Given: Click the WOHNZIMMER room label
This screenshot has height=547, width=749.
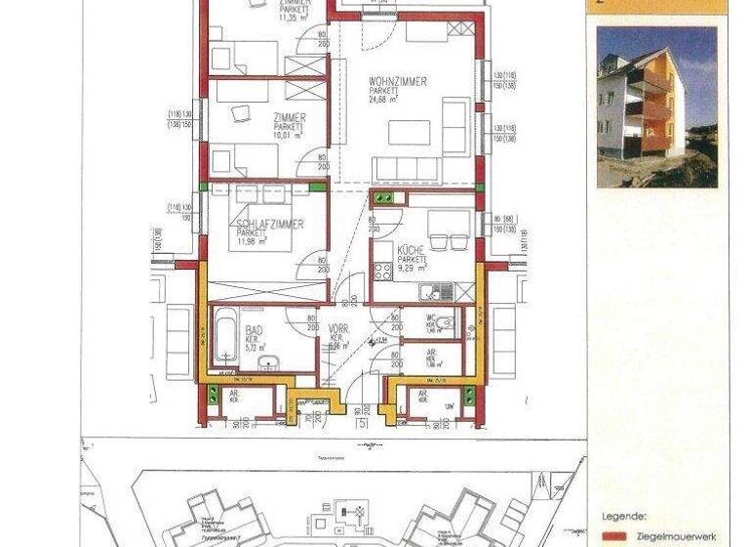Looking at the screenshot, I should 398,81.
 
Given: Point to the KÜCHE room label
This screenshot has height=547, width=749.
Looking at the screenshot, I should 411,251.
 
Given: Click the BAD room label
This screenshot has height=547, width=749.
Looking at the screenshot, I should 254,331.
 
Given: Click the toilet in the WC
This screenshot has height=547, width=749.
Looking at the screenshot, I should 444,324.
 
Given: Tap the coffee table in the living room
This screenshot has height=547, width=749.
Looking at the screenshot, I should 409,132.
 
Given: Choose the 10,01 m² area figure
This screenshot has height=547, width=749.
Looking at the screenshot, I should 290,137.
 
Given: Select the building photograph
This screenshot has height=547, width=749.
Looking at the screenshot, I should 656,106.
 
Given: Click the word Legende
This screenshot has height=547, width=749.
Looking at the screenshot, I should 623,518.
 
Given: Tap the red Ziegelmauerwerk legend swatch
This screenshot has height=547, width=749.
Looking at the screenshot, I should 614,536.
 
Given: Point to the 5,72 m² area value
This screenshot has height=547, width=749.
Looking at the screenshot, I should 256,347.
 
